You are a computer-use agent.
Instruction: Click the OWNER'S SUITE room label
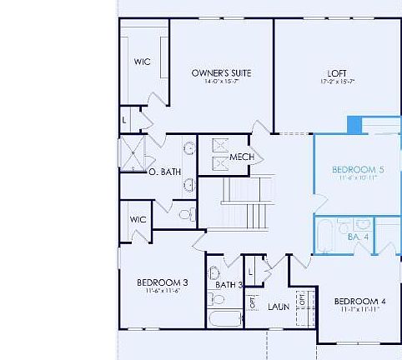coord(220,72)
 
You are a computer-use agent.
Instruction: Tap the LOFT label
coord(337,72)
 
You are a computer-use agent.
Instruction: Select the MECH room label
coord(242,157)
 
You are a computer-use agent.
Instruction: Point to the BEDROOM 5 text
coord(357,169)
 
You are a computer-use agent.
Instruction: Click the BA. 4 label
coord(359,237)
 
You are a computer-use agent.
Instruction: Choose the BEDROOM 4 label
coord(359,301)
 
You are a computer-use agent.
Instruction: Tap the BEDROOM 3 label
coord(162,282)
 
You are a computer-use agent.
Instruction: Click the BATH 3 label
coord(229,285)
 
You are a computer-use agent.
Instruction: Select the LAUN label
coord(279,307)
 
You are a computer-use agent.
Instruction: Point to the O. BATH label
coord(164,172)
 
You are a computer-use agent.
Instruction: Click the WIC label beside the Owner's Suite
coord(143,62)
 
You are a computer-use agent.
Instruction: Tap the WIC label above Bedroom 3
coord(138,219)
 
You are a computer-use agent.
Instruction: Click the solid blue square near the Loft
coord(354,125)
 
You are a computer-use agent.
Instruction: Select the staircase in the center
coord(247,202)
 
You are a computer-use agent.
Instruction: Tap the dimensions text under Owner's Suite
coord(220,82)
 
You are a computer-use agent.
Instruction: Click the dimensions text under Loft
coord(337,82)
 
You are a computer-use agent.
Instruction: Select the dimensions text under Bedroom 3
coord(162,292)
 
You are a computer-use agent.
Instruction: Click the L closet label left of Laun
coord(251,272)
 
